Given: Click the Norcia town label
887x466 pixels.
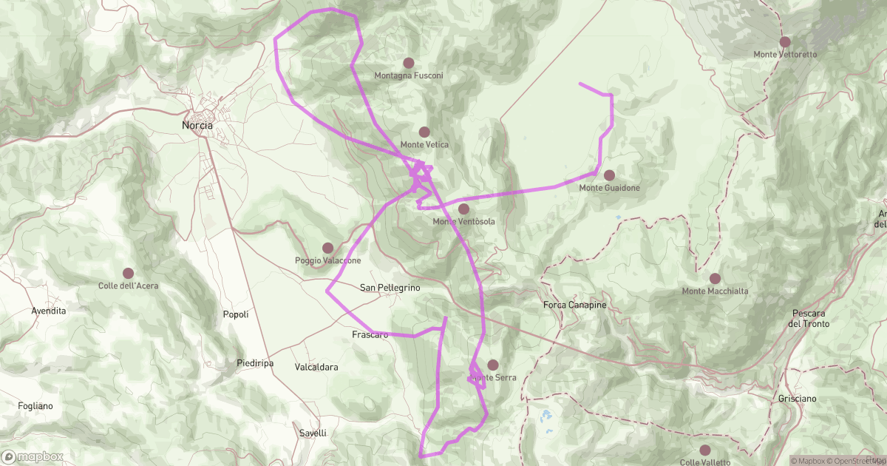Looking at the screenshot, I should click(x=197, y=126).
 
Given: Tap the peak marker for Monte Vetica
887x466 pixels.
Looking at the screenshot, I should click(x=424, y=132).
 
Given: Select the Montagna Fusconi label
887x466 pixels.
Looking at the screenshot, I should click(x=409, y=75).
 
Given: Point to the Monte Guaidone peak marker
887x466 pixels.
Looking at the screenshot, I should click(x=609, y=175).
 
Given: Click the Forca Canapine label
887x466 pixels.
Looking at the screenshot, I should click(x=574, y=305).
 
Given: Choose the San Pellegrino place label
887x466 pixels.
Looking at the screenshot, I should click(x=390, y=287).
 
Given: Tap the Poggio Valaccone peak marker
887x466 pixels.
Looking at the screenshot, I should click(x=327, y=248).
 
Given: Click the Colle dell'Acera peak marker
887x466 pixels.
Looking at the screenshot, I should click(x=129, y=273).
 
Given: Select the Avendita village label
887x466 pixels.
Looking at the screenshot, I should click(x=49, y=311).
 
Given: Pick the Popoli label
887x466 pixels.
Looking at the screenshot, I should click(x=236, y=315).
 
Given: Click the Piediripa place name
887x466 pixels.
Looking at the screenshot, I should click(x=256, y=363).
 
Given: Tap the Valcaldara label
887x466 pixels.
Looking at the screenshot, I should click(x=316, y=368).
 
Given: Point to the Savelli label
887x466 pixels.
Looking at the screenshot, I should click(x=313, y=433).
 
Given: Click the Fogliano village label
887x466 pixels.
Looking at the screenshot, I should click(x=36, y=406).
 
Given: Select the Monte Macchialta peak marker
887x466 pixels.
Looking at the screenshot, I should click(x=715, y=278).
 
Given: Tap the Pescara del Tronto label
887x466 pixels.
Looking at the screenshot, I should click(x=809, y=318).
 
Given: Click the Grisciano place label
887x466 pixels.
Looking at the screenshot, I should click(x=797, y=399).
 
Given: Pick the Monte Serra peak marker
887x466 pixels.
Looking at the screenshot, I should click(x=493, y=365).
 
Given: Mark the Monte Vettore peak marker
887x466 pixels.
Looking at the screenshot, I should click(x=785, y=42).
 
